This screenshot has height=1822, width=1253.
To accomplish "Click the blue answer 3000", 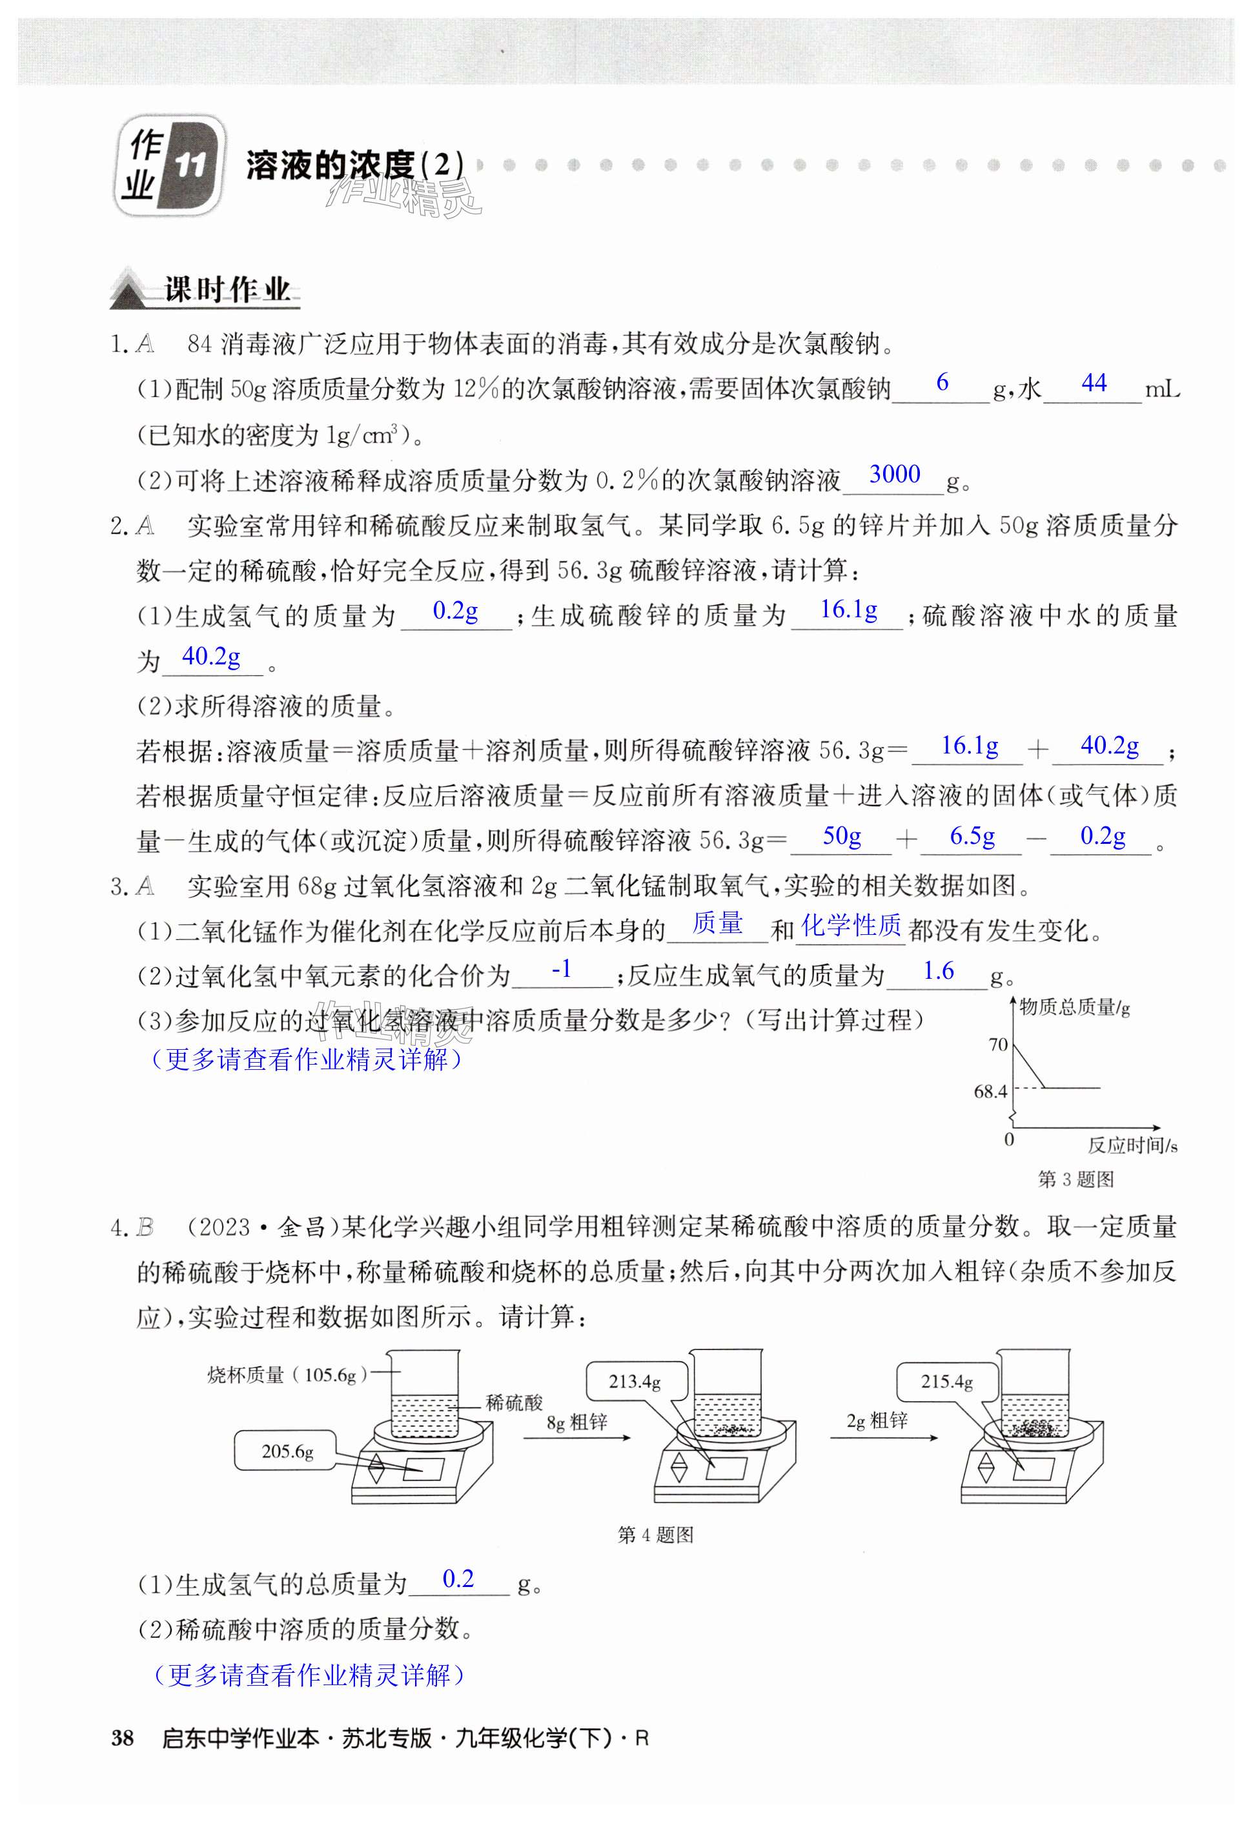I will (894, 474).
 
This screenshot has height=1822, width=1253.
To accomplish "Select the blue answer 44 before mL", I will (1094, 382).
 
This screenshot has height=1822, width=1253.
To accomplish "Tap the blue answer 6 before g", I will (942, 382).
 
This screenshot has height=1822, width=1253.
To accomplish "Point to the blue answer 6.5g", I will (972, 836).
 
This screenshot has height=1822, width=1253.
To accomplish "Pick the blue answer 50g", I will (842, 835).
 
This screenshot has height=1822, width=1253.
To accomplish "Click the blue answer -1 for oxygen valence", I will (562, 970).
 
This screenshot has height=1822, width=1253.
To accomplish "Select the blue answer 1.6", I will (938, 971).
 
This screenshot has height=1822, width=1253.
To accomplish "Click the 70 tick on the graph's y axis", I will (998, 1044).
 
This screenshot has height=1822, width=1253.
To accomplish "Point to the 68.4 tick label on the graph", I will (990, 1091).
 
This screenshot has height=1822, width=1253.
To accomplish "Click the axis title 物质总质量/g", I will (1075, 1007).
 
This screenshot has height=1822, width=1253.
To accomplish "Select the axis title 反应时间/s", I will (1132, 1145).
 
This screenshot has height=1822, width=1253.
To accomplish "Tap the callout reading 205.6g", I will (287, 1451).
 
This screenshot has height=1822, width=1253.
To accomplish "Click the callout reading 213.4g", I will (635, 1381).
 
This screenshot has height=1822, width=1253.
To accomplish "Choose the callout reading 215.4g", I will (947, 1381).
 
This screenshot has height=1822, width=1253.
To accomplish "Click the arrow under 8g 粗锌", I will (577, 1437).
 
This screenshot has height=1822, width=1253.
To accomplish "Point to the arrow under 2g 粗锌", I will (884, 1437).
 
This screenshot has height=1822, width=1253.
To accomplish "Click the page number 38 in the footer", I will (123, 1738).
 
